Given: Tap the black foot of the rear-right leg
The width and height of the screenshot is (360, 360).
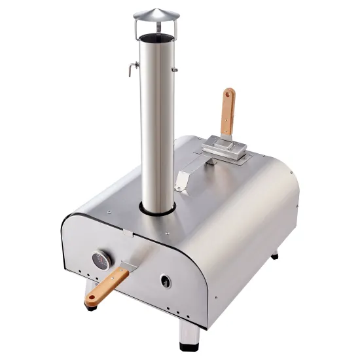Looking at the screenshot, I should pos(275,256).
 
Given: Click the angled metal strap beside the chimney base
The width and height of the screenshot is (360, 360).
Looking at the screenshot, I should pos(183,180).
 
